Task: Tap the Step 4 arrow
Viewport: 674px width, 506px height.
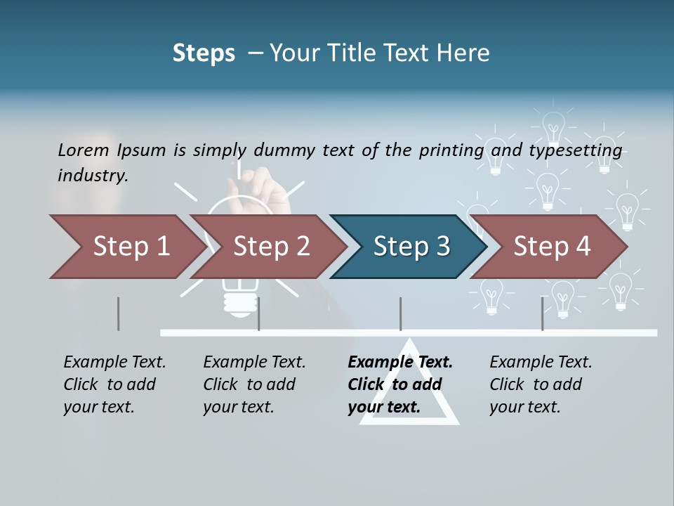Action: click(552, 246)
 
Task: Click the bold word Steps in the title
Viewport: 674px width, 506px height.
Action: click(204, 53)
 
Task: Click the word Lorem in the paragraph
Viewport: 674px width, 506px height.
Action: click(84, 150)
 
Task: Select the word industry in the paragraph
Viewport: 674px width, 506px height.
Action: click(93, 175)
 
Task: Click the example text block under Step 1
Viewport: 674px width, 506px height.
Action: click(114, 384)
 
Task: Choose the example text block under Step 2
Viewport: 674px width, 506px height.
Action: click(254, 384)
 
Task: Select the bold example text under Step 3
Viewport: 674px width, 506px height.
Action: click(399, 384)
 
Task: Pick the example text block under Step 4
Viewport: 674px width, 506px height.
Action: click(541, 384)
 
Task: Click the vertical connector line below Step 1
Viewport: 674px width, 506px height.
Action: click(118, 313)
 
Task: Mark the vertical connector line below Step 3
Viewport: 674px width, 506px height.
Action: click(400, 313)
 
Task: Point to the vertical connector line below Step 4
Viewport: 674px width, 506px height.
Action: click(542, 313)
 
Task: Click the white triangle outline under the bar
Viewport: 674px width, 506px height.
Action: click(409, 415)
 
